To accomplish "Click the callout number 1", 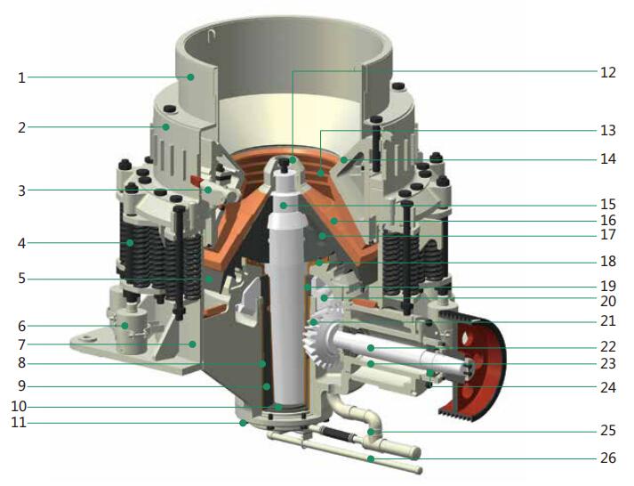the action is [22, 77].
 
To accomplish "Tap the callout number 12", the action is [607, 72].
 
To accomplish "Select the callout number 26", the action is [607, 458].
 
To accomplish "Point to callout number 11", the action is [19, 423].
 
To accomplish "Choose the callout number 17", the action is [607, 235].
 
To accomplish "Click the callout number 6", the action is [22, 326].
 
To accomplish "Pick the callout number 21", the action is [607, 321].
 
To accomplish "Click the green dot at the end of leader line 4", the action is [130, 243].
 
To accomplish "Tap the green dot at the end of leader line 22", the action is [371, 348].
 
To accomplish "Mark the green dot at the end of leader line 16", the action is [334, 221].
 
